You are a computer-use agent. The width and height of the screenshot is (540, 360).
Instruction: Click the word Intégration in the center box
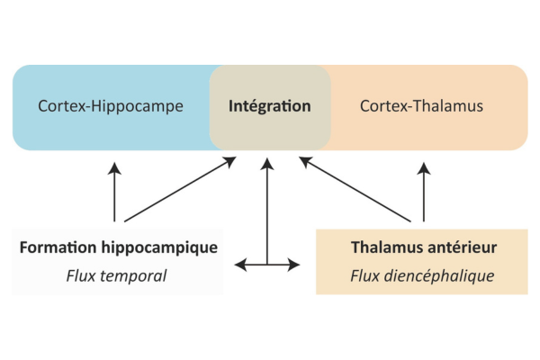pyautogui.click(x=270, y=106)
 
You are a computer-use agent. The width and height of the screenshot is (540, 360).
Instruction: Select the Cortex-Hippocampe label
pyautogui.click(x=111, y=106)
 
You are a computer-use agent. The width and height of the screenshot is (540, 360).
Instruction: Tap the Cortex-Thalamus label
pyautogui.click(x=421, y=106)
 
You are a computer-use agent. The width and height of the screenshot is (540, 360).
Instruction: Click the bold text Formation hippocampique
pyautogui.click(x=117, y=247)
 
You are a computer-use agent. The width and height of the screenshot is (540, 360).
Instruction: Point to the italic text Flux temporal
pyautogui.click(x=116, y=275)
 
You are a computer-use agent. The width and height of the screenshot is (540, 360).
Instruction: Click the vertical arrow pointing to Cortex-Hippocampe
pyautogui.click(x=114, y=191)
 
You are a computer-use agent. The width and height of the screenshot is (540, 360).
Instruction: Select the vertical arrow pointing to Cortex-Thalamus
pyautogui.click(x=423, y=191)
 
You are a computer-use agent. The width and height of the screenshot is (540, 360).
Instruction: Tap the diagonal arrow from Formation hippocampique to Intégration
pyautogui.click(x=180, y=190)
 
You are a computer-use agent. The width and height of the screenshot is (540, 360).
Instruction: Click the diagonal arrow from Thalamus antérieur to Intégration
pyautogui.click(x=360, y=190)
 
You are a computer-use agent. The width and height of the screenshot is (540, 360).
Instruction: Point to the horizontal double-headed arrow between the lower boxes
pyautogui.click(x=267, y=265)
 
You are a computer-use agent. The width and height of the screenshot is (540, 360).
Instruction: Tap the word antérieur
pyautogui.click(x=460, y=247)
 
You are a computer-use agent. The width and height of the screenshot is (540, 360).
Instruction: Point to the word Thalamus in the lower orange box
pyautogui.click(x=385, y=247)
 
